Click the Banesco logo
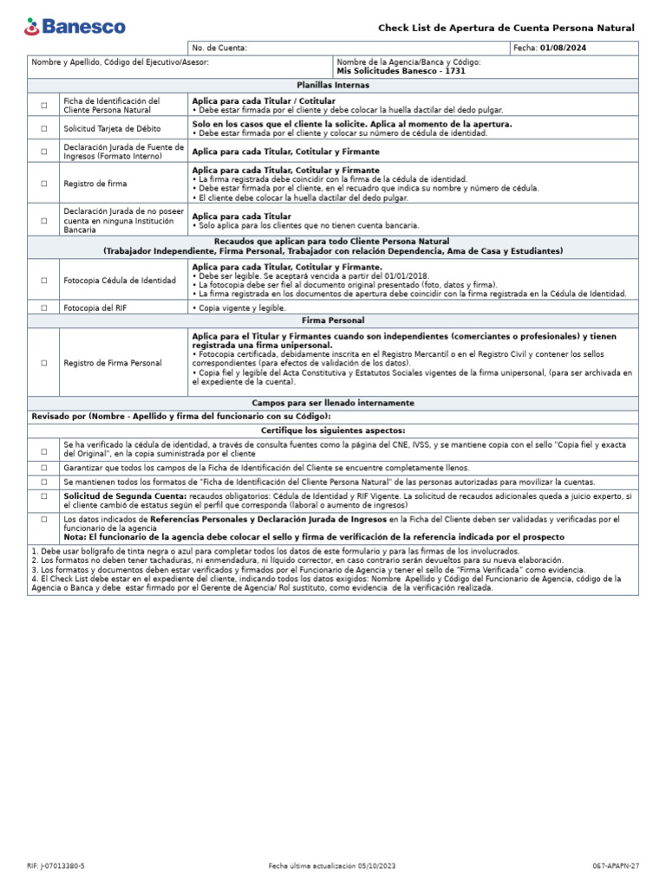coord(75,27)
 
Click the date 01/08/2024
coord(563,48)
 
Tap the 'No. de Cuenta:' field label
coord(219,48)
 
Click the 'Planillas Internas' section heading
coord(332,86)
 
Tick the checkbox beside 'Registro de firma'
coord(43,184)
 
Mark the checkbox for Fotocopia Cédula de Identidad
coord(43,281)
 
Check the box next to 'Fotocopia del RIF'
coord(43,308)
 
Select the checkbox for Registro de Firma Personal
coord(43,363)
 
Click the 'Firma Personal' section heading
coord(332,320)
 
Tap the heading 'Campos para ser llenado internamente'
coord(332,403)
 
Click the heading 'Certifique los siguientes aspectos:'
coord(332,431)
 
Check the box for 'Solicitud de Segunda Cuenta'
coord(43,496)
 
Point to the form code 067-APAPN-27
coord(617,865)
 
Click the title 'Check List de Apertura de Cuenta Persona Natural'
coord(506,29)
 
